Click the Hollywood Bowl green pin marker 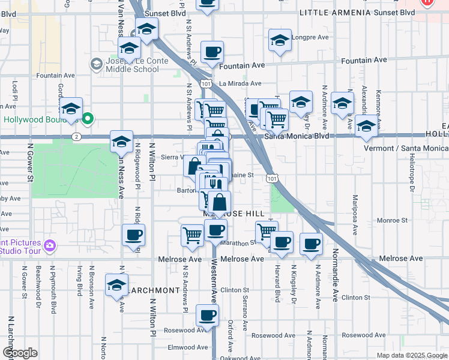pos(88,119)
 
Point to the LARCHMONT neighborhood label pos(152,290)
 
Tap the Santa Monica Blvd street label pos(297,136)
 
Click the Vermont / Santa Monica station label pos(405,148)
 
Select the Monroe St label pos(393,221)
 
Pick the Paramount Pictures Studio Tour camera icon pos(50,245)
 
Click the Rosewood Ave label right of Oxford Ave pos(273,335)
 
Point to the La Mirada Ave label pos(240,83)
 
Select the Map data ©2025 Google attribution pos(411,355)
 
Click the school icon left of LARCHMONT pos(116,285)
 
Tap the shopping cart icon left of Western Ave pos(192,235)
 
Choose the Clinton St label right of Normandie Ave pos(355,298)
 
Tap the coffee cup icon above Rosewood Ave pos(208,316)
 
